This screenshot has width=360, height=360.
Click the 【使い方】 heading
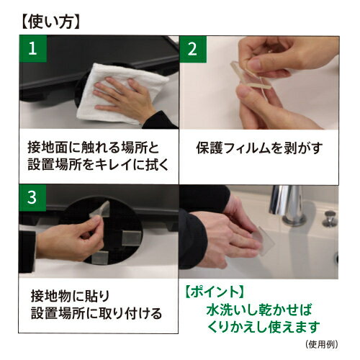pyautogui.click(x=50, y=22)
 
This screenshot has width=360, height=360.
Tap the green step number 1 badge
pyautogui.click(x=33, y=49)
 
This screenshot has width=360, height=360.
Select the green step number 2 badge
pyautogui.click(x=193, y=49)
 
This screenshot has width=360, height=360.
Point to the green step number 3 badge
pyautogui.click(x=32, y=198)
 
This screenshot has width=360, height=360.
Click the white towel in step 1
pyautogui.click(x=120, y=94)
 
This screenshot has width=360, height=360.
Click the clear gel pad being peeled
pyautogui.click(x=250, y=76)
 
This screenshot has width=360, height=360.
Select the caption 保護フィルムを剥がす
pyautogui.click(x=259, y=148)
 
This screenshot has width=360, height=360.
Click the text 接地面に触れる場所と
pyautogui.click(x=93, y=148)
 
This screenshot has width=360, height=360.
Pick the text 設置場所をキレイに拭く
pyautogui.click(x=98, y=164)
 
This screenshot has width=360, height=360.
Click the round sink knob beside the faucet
pyautogui.click(x=330, y=218)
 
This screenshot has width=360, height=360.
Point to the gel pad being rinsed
pyautogui.click(x=263, y=239)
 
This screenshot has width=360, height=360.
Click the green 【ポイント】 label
pyautogui.click(x=215, y=292)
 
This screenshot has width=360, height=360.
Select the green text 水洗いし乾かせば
pyautogui.click(x=259, y=310)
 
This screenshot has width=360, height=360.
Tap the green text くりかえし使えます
pyautogui.click(x=264, y=327)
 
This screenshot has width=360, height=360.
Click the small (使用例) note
pyautogui.click(x=322, y=345)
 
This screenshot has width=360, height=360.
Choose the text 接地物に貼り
pyautogui.click(x=70, y=296)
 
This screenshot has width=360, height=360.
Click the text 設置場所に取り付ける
pyautogui.click(x=96, y=313)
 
